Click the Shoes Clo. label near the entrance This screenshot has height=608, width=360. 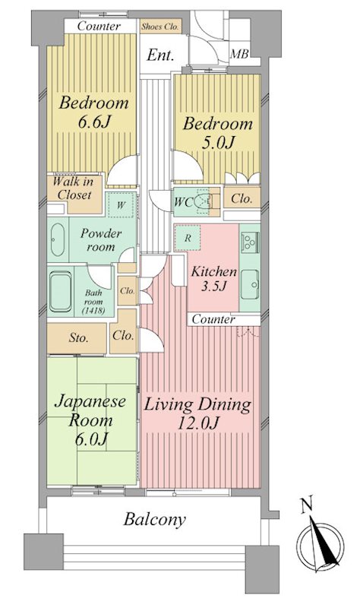(x=161, y=26)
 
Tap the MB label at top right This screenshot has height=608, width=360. (x=240, y=53)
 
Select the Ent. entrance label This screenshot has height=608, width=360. (x=161, y=55)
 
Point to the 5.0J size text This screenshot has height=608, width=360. (x=215, y=144)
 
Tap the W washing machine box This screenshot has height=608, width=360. (x=120, y=204)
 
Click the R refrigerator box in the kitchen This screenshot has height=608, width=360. (x=187, y=237)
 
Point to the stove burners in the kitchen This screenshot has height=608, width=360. (x=250, y=242)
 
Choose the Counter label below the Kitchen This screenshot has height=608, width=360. (x=212, y=320)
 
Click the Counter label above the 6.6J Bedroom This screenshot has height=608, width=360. (x=99, y=26)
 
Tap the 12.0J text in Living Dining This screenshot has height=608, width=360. (x=197, y=426)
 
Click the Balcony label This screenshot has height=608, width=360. (x=156, y=521)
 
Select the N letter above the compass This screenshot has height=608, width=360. (x=305, y=503)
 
